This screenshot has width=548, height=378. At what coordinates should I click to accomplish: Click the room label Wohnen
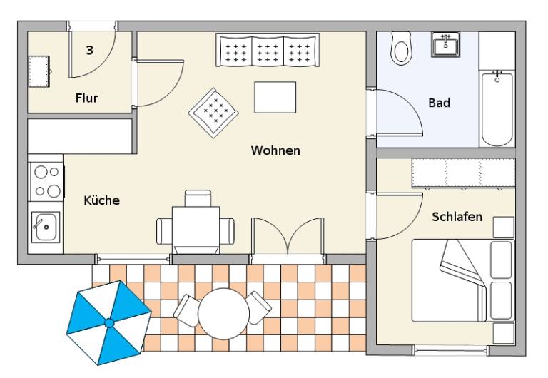[275, 150]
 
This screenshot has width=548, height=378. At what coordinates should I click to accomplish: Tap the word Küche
[102, 200]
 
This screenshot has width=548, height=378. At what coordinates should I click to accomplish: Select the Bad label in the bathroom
[440, 103]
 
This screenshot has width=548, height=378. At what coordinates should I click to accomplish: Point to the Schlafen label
[457, 217]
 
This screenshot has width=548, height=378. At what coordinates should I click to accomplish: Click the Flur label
[86, 98]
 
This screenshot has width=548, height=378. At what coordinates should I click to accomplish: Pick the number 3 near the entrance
[89, 51]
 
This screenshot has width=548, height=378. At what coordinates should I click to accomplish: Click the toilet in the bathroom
[401, 48]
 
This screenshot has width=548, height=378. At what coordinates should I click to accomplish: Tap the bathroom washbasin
[445, 44]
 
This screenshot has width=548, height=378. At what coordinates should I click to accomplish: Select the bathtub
[497, 108]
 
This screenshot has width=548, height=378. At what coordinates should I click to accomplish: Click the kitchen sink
[46, 227]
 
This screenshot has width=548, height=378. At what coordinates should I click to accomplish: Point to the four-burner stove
[46, 182]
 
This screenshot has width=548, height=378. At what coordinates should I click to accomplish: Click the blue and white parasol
[109, 323]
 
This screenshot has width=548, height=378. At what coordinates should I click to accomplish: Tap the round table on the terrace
[223, 313]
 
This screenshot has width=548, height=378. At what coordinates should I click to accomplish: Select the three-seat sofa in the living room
[268, 50]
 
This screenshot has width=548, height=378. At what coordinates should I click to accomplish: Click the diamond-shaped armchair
[213, 113]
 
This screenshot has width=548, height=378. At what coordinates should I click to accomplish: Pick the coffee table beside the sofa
[275, 97]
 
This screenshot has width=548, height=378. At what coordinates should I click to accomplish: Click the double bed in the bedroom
[463, 280]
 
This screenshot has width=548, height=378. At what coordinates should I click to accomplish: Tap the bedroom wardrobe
[463, 173]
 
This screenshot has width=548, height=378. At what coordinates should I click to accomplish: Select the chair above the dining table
[198, 198]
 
